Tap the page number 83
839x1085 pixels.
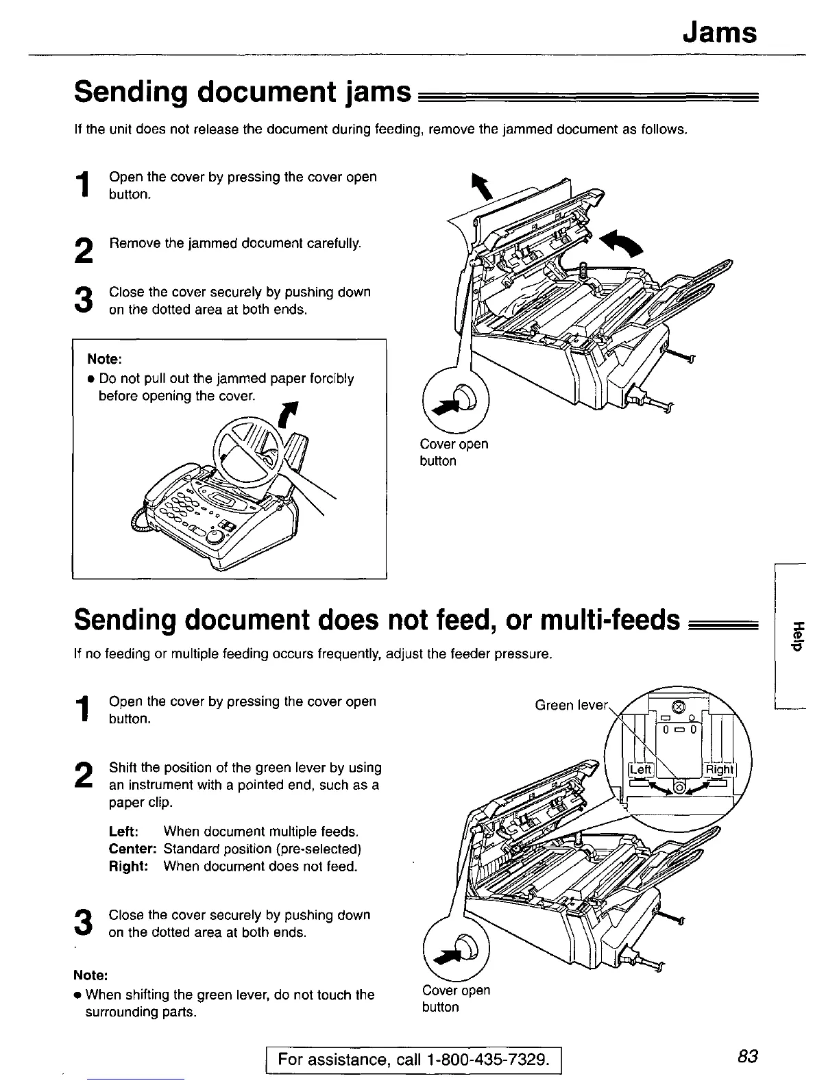(x=748, y=1056)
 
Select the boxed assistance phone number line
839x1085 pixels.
(x=414, y=1060)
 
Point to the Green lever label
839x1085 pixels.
(x=571, y=705)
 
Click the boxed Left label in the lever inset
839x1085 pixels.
(x=640, y=769)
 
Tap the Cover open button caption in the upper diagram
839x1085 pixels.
(x=454, y=452)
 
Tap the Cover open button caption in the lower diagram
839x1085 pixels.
(x=456, y=999)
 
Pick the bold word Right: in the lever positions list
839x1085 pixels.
(x=129, y=866)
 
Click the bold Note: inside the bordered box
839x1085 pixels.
(x=104, y=359)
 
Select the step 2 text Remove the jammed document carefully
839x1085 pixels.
(x=235, y=243)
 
